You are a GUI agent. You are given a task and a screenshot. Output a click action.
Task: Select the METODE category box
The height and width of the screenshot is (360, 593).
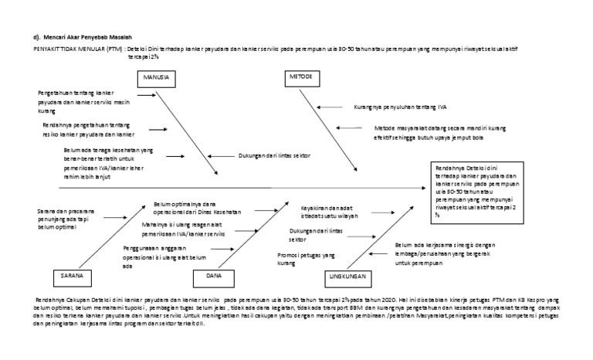point(302,79)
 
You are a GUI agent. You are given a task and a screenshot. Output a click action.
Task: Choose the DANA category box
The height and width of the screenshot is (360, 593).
point(214,275)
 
